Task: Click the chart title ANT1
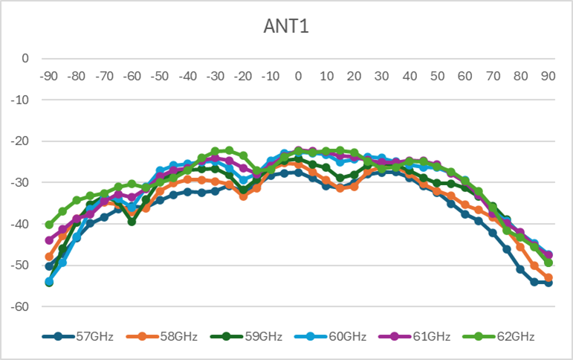tap(286, 28)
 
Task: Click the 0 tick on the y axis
tap(25, 59)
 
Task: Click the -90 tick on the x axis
tap(49, 76)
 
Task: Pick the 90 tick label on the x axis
tap(548, 76)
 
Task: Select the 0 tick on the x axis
tap(299, 76)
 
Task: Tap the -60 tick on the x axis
tap(132, 76)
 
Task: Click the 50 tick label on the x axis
tap(437, 76)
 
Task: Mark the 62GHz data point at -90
tap(49, 225)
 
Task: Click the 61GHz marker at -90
tap(49, 240)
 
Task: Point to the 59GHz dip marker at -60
tap(132, 221)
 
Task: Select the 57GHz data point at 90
tap(548, 283)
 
